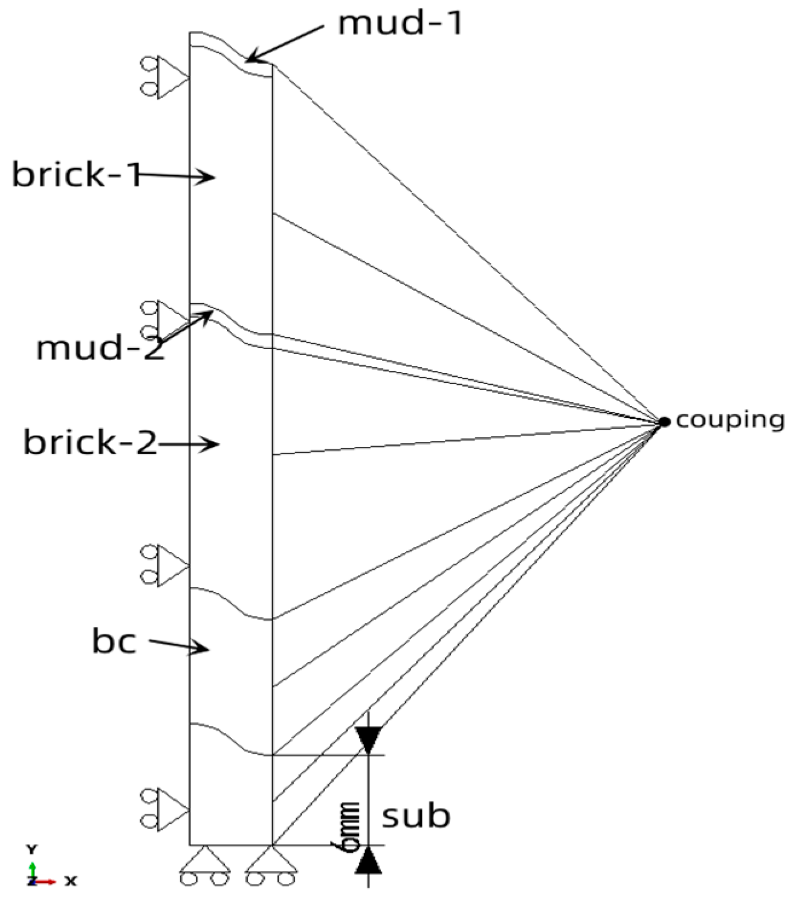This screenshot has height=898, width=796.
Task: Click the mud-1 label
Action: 400,24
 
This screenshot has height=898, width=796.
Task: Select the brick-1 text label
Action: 76,175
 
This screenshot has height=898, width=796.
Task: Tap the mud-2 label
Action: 100,349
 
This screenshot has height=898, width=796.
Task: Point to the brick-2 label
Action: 90,443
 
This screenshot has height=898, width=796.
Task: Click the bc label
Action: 114,641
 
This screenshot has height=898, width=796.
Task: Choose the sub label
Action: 416,816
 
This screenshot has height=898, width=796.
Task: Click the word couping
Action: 730,420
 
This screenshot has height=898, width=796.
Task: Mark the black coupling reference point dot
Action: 664,422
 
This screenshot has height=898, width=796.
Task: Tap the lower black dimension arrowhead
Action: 368,861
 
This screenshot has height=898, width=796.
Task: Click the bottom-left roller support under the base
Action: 205,866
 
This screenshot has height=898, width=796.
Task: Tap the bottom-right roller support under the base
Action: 271,866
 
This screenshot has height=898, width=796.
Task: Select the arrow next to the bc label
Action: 178,646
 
